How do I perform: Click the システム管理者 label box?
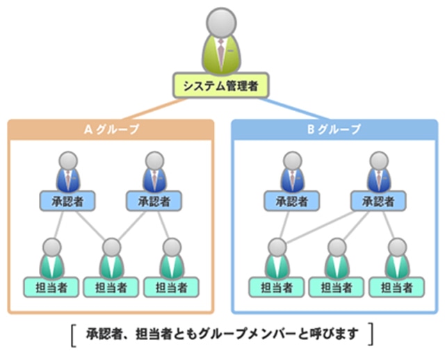220,86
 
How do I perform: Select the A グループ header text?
111,129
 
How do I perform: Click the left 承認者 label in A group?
67,201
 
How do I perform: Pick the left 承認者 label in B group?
291,201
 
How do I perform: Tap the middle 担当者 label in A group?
111,286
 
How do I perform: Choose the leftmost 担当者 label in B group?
276,286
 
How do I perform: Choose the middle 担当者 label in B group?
336,286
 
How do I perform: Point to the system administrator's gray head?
221,20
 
